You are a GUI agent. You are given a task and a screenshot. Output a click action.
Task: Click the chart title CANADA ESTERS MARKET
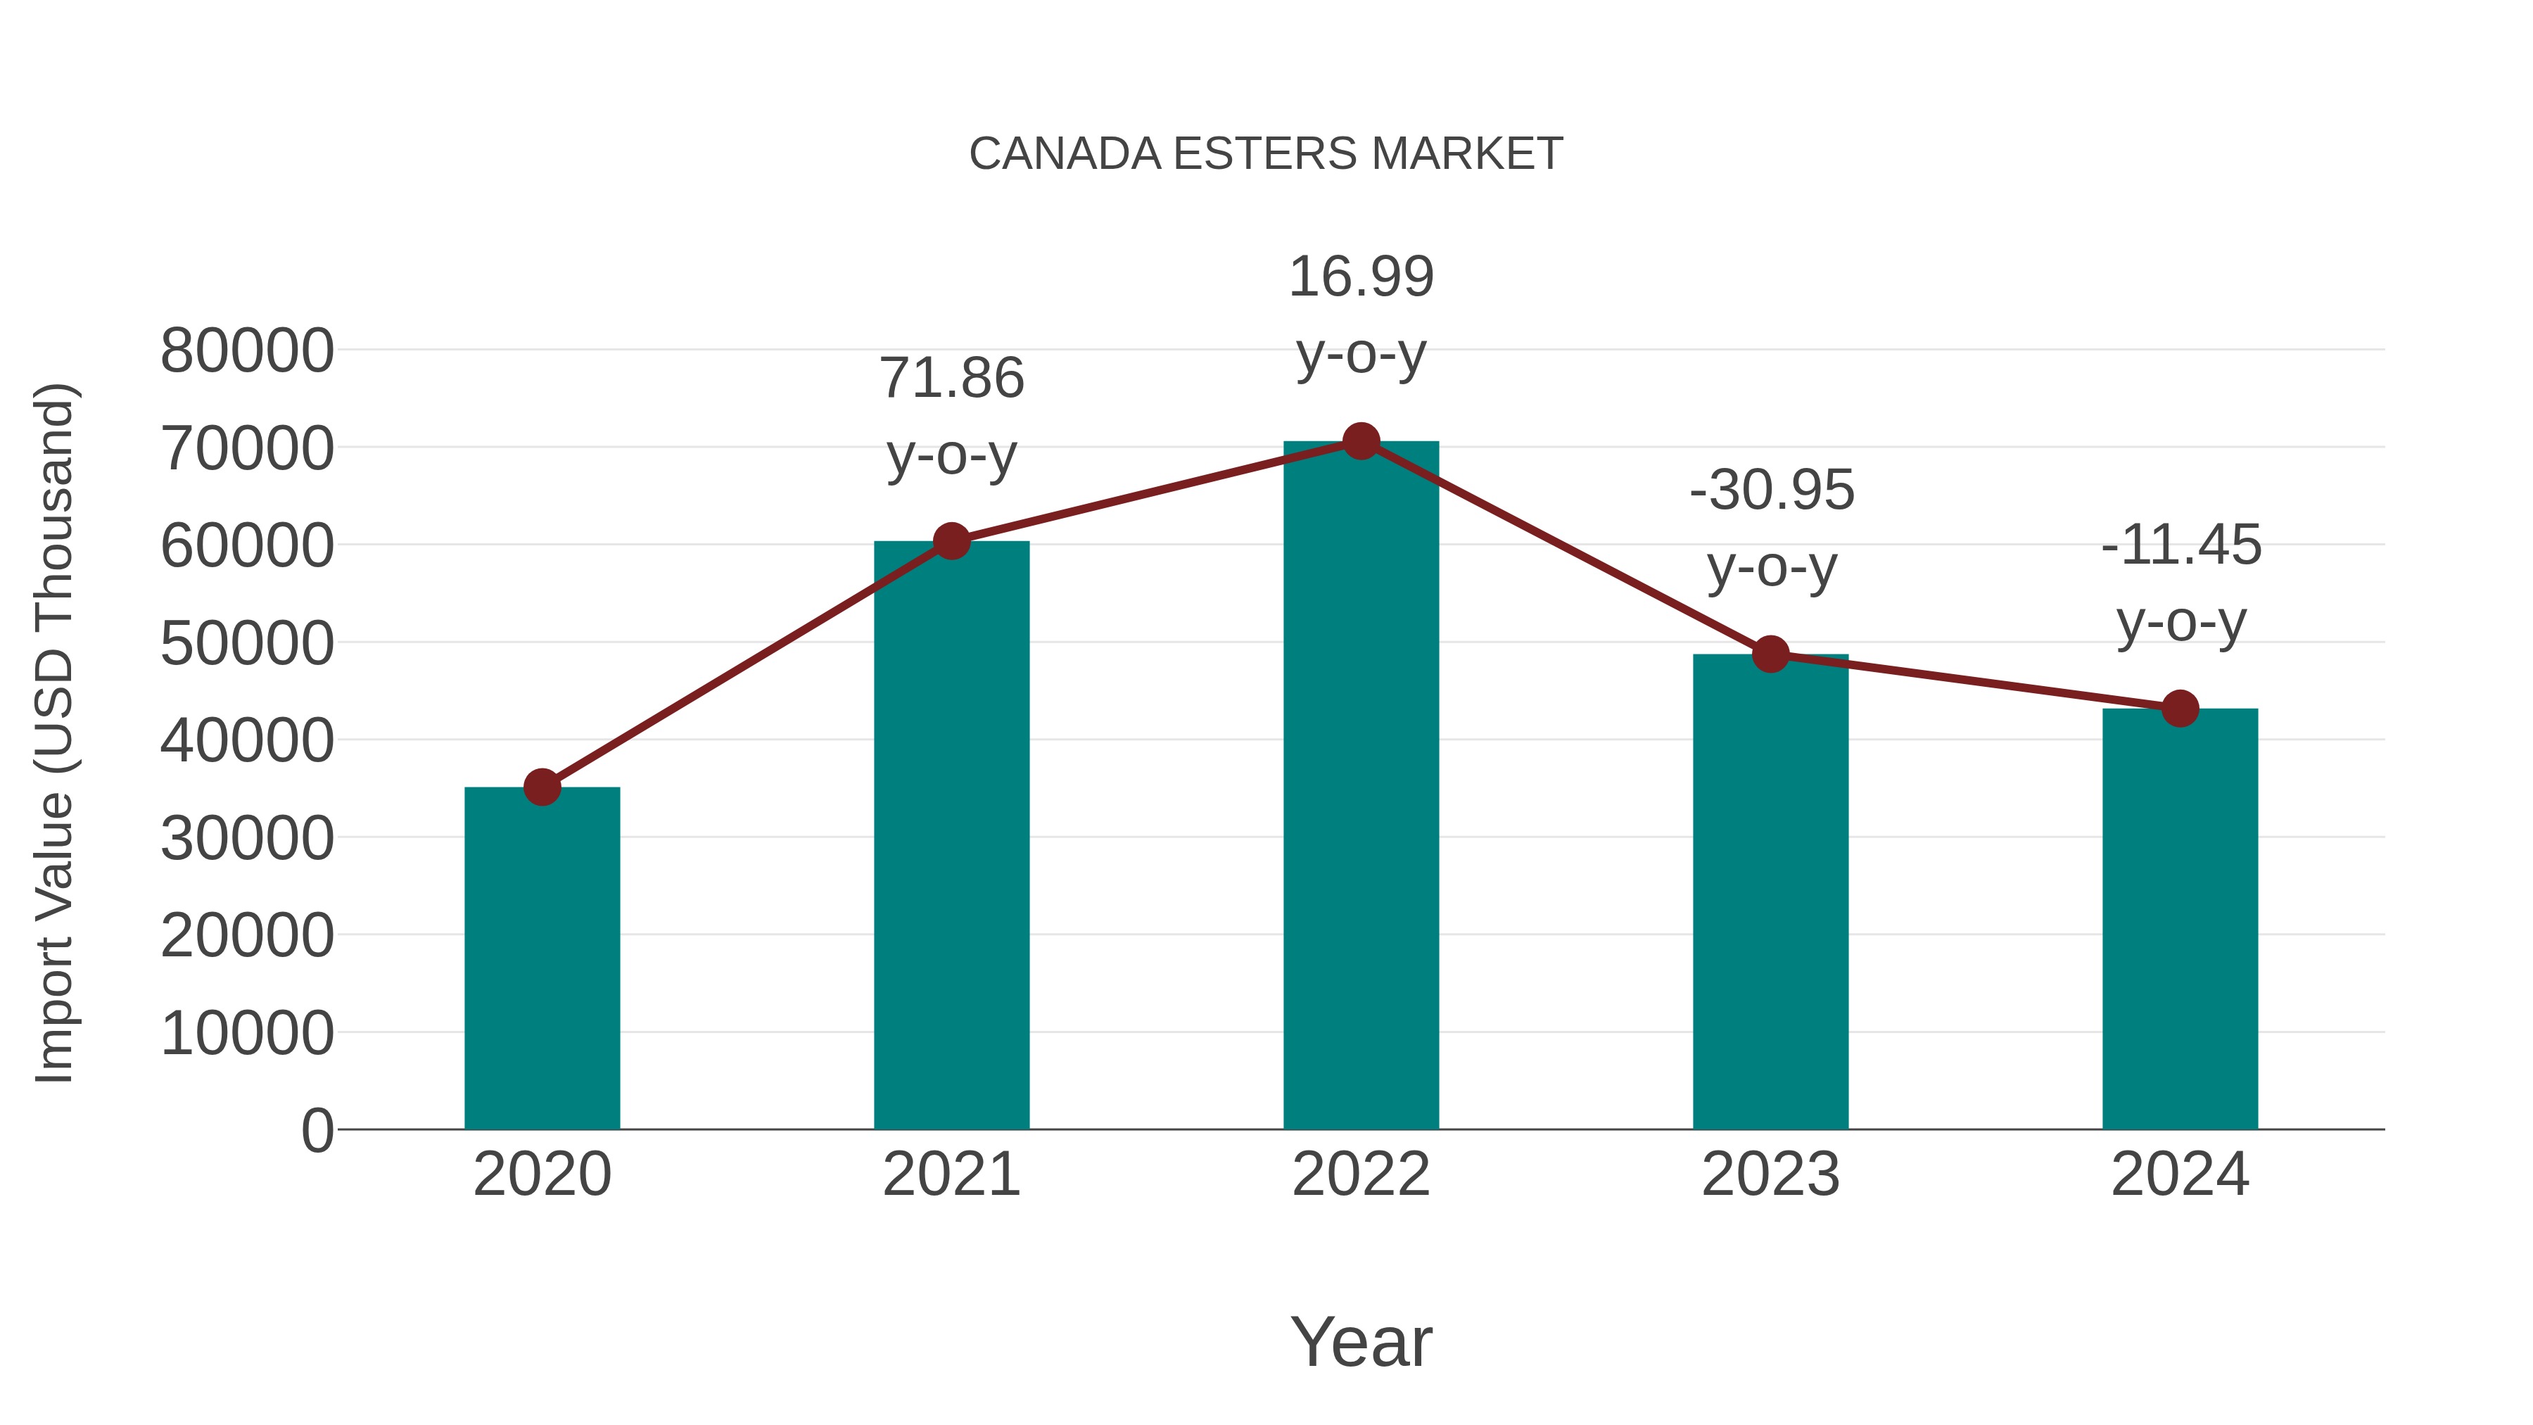(x=1266, y=154)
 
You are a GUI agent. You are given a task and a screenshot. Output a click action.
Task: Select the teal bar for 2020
(x=542, y=959)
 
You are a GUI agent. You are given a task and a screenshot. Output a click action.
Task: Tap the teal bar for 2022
(x=1361, y=787)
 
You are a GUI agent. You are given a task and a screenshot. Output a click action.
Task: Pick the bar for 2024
(x=2180, y=920)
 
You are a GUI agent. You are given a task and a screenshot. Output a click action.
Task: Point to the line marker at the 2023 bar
(x=1770, y=654)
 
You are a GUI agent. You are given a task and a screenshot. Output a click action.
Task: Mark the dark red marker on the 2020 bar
(x=542, y=787)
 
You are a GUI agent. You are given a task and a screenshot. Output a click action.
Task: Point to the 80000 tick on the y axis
(x=247, y=351)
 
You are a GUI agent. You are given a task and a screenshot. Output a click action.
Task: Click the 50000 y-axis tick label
(x=247, y=644)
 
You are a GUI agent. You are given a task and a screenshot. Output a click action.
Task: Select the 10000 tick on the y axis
(x=247, y=1034)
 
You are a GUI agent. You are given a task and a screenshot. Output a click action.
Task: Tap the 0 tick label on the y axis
(x=317, y=1131)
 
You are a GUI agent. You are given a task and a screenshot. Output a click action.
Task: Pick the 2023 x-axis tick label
(x=1770, y=1175)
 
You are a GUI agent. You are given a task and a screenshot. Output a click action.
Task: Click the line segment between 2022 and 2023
(x=1566, y=547)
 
